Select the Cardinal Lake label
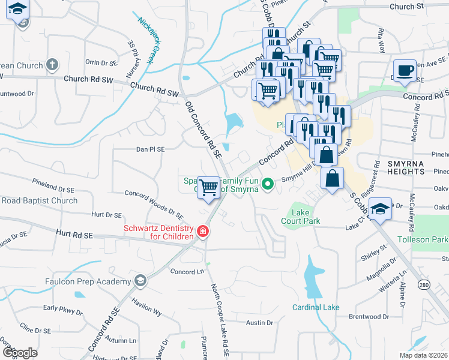pyautogui.click(x=316, y=307)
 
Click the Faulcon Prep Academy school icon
pyautogui.click(x=140, y=281)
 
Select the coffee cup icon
pyautogui.click(x=405, y=70)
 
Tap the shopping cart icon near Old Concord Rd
pyautogui.click(x=208, y=187)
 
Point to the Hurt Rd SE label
pyautogui.click(x=75, y=235)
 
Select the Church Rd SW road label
pyautogui.click(x=155, y=90)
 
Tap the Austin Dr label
pyautogui.click(x=260, y=323)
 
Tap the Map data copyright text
pyautogui.click(x=423, y=355)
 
